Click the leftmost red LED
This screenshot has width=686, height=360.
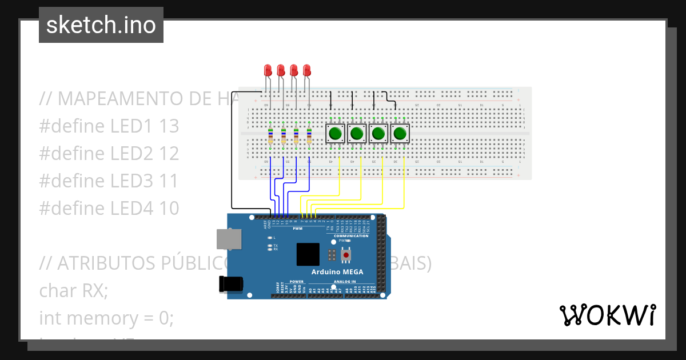268,70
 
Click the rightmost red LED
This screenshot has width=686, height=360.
307,70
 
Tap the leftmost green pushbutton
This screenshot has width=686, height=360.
335,134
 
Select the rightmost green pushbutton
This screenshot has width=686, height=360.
400,134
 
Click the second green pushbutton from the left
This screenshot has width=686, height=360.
357,134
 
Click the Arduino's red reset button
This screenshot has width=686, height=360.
345,254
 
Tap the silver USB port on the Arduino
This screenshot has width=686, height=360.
229,239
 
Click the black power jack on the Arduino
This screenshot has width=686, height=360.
231,284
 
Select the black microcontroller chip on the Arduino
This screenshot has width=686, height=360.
308,254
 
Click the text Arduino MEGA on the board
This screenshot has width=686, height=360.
337,272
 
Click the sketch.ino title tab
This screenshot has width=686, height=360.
101,25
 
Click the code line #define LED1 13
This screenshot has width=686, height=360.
109,126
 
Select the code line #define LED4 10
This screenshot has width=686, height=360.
109,208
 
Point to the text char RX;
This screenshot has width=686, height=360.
73,290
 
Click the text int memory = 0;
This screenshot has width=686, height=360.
106,318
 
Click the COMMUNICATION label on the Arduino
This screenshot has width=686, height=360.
351,236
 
